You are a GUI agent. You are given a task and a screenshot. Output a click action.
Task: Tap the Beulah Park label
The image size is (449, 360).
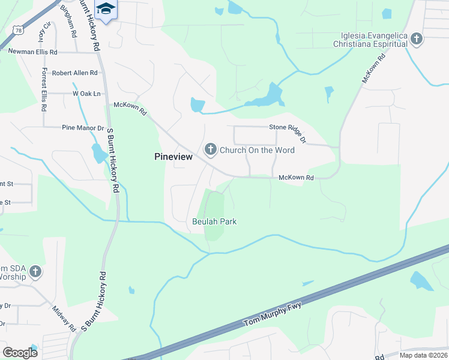tap(214, 221)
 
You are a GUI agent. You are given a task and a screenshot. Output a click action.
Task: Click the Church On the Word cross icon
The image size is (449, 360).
tap(210, 149)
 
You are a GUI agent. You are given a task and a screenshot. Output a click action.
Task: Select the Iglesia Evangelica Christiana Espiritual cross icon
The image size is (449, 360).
tap(417, 40)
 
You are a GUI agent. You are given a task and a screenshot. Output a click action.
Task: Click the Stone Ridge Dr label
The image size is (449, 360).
tap(288, 131)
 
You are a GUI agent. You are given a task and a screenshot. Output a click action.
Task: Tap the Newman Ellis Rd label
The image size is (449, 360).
tap(32, 52)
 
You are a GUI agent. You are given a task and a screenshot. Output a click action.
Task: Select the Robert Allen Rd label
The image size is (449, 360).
tap(74, 73)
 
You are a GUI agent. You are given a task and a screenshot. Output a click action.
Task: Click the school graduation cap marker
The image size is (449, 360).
tap(106, 9)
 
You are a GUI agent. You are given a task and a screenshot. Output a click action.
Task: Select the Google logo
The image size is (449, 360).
tap(20, 353)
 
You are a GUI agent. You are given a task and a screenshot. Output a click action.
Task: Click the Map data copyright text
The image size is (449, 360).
tap(423, 355)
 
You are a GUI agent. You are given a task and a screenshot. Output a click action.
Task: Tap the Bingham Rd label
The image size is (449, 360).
tap(69, 20)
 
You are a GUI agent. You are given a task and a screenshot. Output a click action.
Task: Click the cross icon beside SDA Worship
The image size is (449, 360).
tap(35, 272)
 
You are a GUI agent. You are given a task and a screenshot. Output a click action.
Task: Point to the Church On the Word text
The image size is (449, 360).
tap(257, 150)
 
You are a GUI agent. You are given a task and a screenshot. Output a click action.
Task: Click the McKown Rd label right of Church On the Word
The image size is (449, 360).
tap(296, 178)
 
